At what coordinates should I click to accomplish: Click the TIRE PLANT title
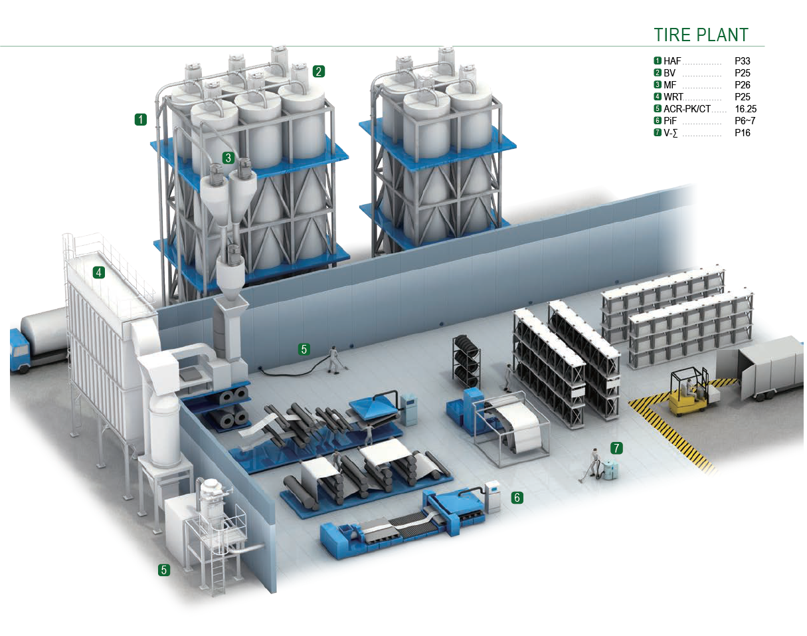coord(701,35)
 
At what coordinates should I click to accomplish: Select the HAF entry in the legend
coord(672,61)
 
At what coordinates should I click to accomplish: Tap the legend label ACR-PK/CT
coord(686,109)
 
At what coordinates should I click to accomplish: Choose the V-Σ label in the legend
coord(671,133)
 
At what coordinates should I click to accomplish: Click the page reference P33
coord(742,61)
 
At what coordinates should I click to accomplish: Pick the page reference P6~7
coord(745,121)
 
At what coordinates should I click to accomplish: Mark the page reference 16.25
coord(745,109)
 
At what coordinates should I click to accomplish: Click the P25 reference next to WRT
coord(742,97)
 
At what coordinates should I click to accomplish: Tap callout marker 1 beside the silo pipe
coord(140,120)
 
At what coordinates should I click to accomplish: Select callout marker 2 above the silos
coord(319,71)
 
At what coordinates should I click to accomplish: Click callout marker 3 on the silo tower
coord(228,158)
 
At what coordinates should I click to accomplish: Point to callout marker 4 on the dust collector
coord(99,272)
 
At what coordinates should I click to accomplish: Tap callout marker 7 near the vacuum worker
coord(616,448)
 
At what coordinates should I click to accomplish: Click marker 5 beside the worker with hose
coord(304,349)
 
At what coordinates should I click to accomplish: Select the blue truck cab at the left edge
coord(19,351)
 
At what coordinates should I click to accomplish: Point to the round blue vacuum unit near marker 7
coord(610,468)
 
